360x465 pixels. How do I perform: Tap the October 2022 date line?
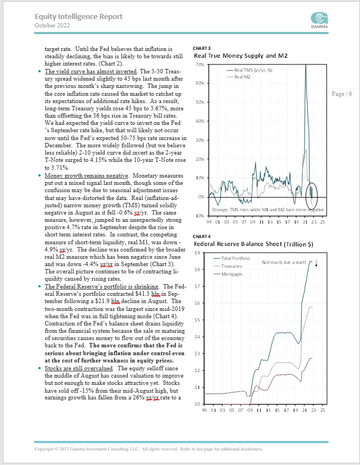pyautogui.click(x=53, y=25)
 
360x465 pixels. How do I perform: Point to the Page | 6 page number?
pyautogui.click(x=342, y=94)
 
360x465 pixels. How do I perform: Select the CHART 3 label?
pyautogui.click(x=201, y=48)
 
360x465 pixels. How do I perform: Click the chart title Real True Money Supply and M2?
pyautogui.click(x=242, y=56)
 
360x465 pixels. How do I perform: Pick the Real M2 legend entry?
pyautogui.click(x=241, y=77)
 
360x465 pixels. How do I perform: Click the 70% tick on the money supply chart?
pyautogui.click(x=199, y=65)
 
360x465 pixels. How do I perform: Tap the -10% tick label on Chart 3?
pyautogui.click(x=198, y=216)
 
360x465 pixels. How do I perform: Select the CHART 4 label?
pyautogui.click(x=201, y=237)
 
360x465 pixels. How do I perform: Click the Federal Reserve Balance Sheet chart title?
pyautogui.click(x=254, y=245)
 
